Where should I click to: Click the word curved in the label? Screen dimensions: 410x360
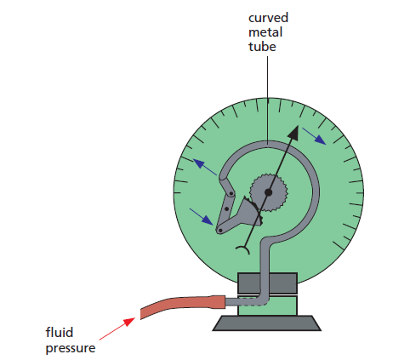coord(268,18)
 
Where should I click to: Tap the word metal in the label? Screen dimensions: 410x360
coord(265,32)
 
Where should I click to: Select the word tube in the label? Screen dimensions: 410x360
coord(262,47)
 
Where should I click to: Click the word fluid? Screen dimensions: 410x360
coord(60,332)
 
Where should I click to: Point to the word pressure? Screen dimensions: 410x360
coord(71,348)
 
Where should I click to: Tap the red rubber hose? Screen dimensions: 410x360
coord(183,306)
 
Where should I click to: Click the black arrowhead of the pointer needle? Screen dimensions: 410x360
coord(293,133)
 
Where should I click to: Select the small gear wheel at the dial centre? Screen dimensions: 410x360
coord(269,192)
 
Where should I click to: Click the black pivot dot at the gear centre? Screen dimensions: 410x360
coord(269,192)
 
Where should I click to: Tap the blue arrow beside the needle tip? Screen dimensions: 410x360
coord(314,136)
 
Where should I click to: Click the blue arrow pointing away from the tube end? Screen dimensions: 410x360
coord(205,167)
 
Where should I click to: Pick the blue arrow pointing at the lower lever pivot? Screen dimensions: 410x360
coord(202,217)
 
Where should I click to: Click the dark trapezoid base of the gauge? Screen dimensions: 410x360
coord(267,323)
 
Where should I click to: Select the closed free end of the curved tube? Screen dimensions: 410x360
coord(222,180)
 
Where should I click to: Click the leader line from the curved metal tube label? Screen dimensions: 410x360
coord(267,100)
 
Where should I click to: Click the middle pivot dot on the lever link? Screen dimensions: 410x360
coord(227,209)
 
